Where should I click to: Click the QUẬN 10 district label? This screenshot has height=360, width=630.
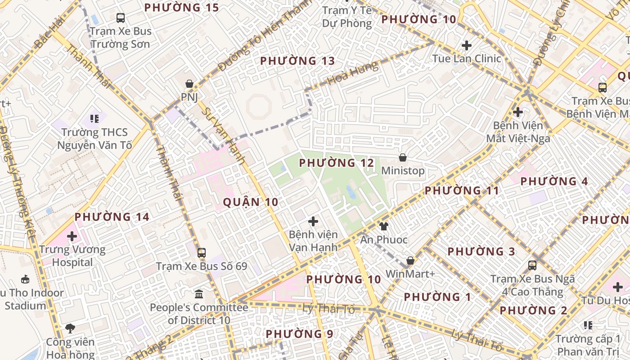(251, 202)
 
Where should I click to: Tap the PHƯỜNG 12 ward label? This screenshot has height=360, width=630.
(337, 163)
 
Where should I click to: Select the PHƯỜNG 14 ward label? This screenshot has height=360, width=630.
(112, 217)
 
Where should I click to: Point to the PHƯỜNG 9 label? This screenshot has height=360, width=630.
(299, 334)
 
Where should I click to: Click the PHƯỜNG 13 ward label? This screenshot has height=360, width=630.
(297, 61)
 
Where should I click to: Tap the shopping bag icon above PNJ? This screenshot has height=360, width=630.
(189, 84)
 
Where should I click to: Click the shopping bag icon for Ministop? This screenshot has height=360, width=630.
(403, 157)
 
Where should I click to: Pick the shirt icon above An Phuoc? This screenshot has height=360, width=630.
(383, 226)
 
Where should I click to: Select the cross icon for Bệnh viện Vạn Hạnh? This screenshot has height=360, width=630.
(313, 221)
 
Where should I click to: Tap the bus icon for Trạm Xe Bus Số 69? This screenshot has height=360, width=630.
(202, 252)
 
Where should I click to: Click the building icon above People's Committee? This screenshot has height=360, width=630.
(199, 294)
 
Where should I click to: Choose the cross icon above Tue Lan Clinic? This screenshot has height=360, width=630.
(467, 45)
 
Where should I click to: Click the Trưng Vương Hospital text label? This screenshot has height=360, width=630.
(72, 256)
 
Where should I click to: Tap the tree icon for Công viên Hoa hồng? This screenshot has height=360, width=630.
(70, 328)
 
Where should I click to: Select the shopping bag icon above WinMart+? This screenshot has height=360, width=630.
(410, 261)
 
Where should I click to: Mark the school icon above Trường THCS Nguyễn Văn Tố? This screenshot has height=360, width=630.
(94, 119)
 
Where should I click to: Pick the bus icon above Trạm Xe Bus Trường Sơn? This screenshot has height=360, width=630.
(121, 18)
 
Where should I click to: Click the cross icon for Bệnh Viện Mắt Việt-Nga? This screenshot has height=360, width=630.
(518, 112)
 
